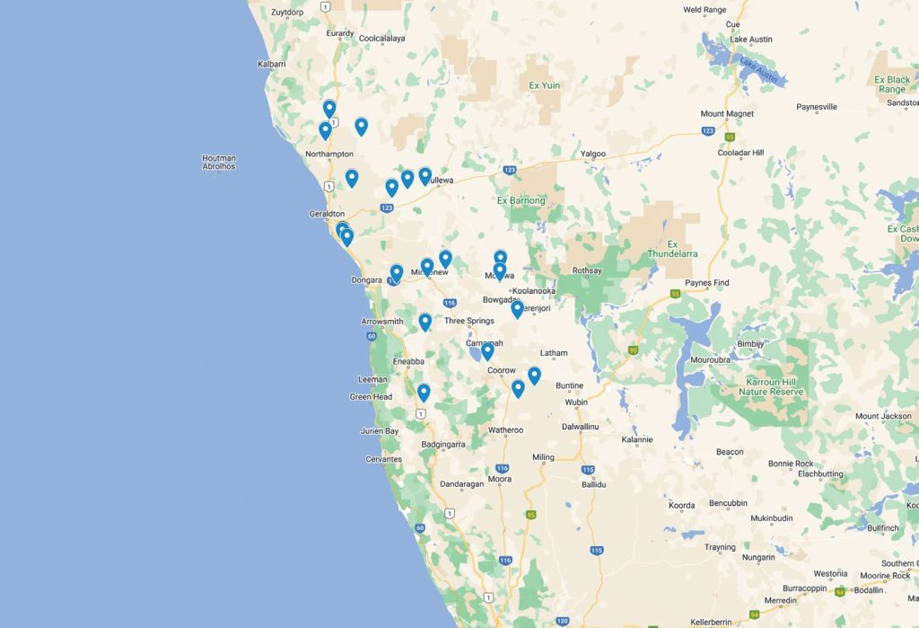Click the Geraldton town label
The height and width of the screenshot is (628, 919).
(327, 214)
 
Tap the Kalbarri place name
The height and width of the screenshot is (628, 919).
(271, 64)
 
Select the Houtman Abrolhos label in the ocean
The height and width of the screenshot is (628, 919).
(219, 162)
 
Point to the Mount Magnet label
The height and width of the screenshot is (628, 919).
(727, 114)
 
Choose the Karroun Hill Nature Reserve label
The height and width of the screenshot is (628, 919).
(775, 387)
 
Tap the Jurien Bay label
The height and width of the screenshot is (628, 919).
(380, 431)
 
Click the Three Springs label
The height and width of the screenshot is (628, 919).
(468, 321)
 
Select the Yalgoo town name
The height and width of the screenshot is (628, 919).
(593, 154)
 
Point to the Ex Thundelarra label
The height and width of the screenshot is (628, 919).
(672, 249)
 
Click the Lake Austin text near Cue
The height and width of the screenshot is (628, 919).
(751, 40)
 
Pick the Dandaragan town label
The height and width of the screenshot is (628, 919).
(462, 484)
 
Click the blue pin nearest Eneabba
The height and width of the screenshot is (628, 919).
(424, 392)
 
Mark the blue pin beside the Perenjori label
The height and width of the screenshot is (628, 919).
(517, 308)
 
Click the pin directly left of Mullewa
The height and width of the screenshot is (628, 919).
(424, 175)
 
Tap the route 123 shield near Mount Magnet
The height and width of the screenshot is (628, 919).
(708, 131)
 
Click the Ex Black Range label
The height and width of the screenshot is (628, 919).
(892, 84)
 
